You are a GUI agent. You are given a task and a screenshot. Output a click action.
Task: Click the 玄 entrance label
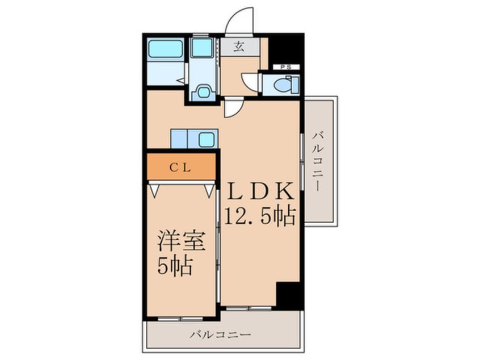tap(239, 47)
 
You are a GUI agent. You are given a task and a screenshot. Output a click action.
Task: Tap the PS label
tap(285, 67)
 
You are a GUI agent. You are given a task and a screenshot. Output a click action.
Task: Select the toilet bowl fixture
tap(282, 85)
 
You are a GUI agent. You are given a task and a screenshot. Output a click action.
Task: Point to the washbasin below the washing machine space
tap(203, 91)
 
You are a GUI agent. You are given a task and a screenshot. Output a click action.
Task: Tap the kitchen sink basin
tap(207, 138)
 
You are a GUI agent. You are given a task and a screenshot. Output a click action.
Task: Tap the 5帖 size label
tap(174, 265)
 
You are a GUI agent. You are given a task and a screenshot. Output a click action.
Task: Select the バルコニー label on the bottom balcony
tap(220, 334)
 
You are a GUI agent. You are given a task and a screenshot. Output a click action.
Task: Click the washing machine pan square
tap(201, 48)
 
